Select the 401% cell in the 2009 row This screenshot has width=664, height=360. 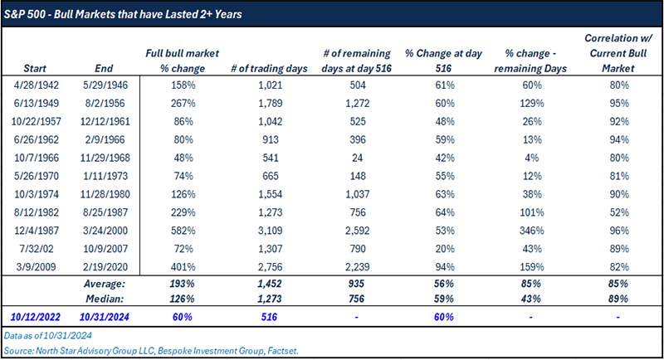(x=182, y=270)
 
